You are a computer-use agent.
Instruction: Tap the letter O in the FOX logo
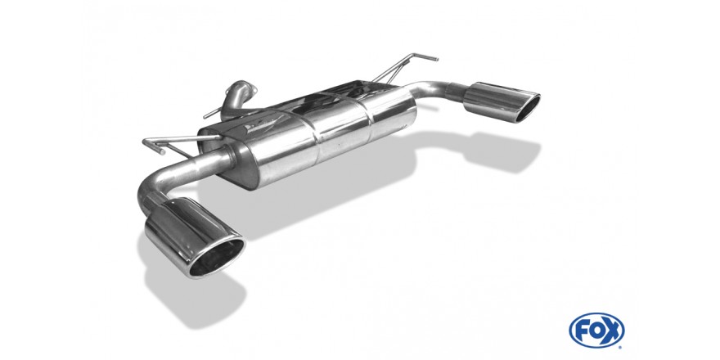point(595,331)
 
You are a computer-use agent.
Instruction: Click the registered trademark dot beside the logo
point(621,346)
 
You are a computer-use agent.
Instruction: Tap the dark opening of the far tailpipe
point(527,108)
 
